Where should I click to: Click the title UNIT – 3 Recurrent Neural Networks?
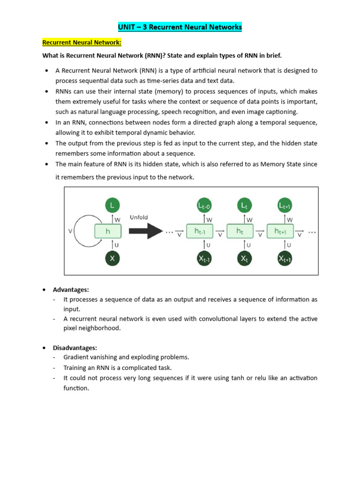point(180,27)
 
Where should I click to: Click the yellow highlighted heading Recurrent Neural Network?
point(82,43)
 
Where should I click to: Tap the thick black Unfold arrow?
point(146,231)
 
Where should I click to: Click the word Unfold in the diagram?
point(139,217)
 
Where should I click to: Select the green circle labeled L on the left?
point(112,205)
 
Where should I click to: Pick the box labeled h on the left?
point(108,231)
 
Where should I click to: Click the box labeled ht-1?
point(200,231)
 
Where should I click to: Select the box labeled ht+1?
point(280,231)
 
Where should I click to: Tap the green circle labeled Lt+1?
point(285,205)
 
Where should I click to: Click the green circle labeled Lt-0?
point(204,205)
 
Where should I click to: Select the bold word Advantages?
point(71,290)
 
